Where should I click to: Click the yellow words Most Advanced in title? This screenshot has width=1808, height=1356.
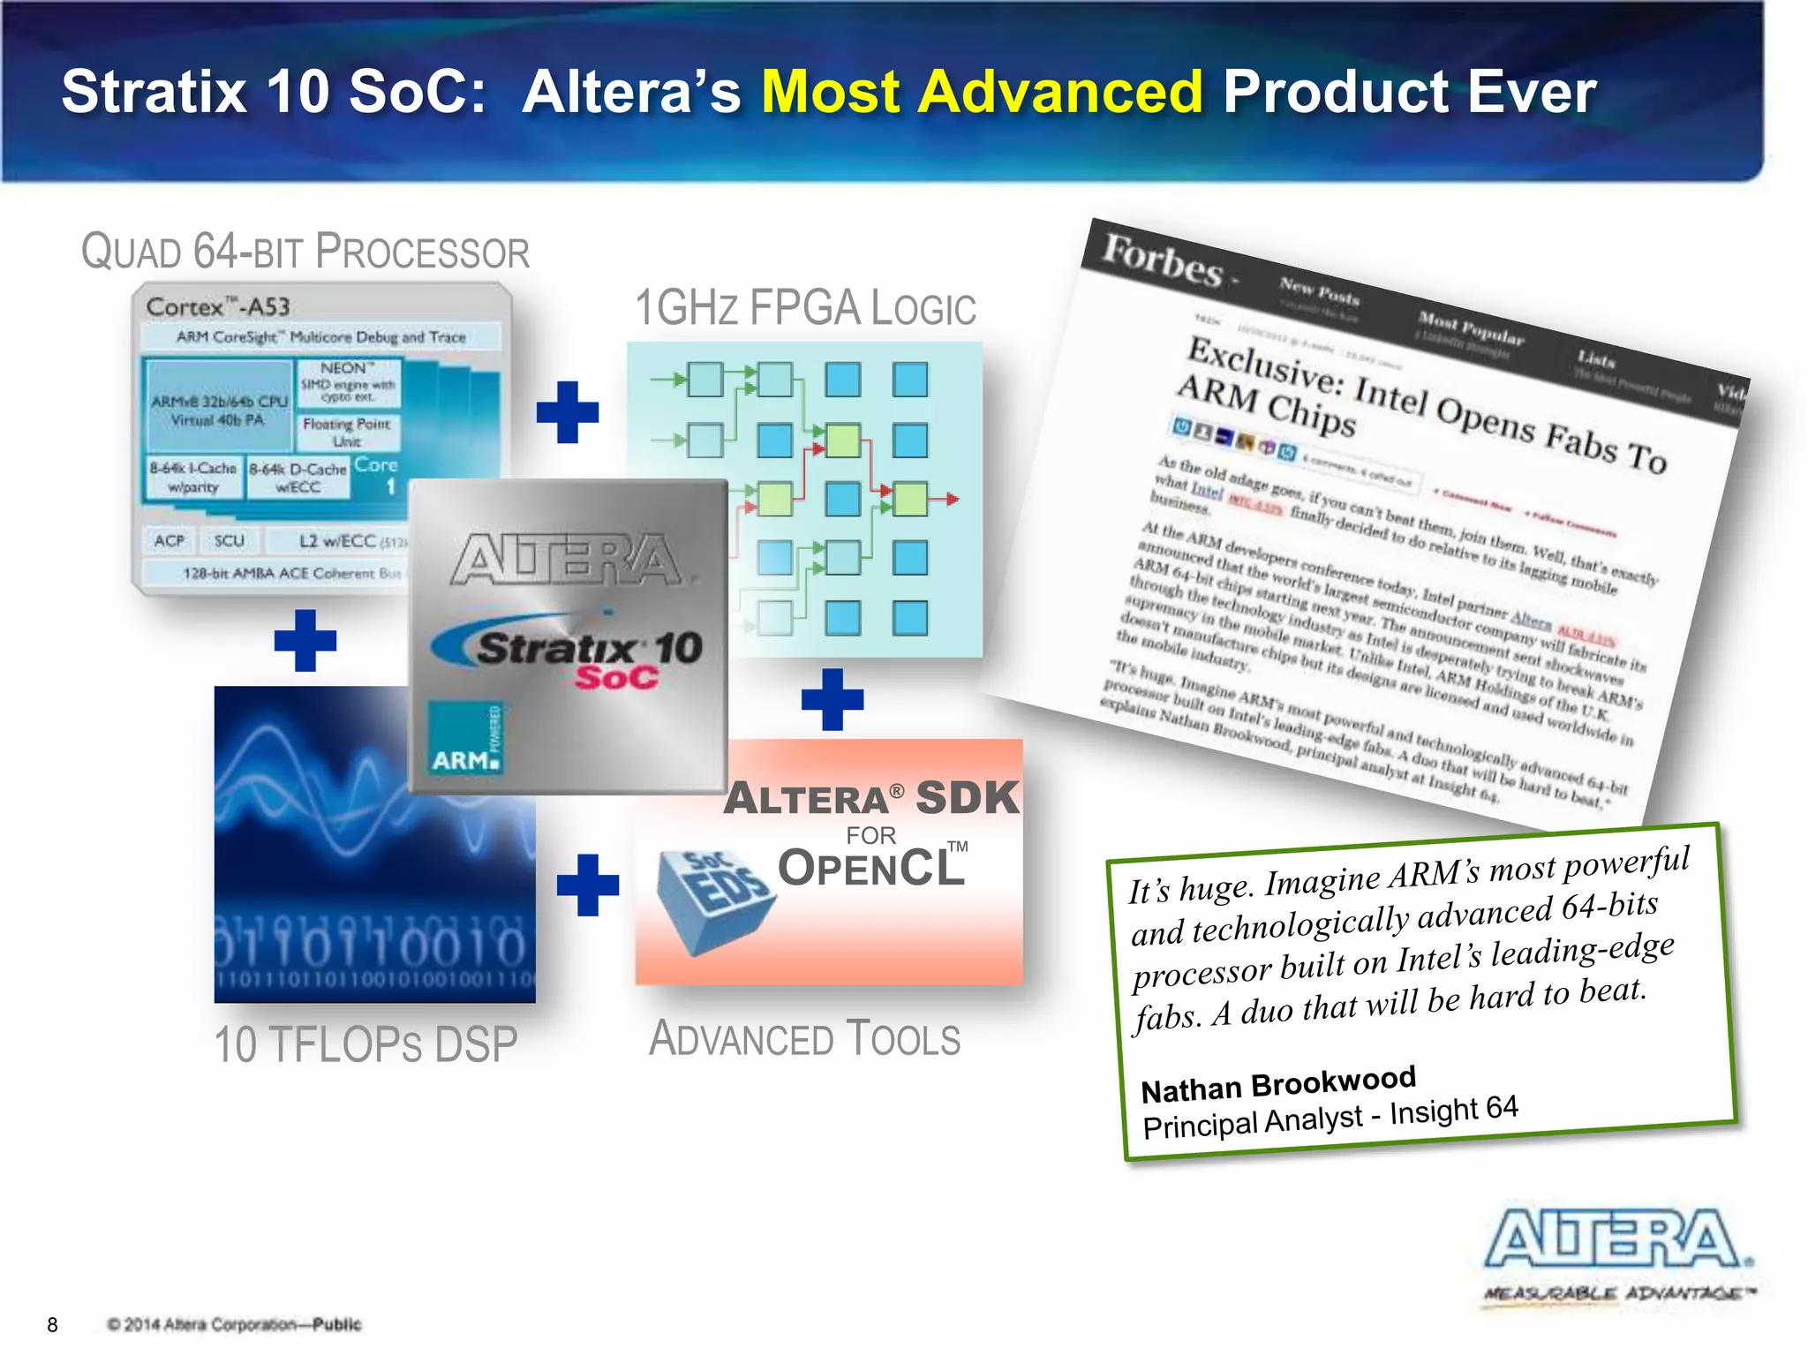981,92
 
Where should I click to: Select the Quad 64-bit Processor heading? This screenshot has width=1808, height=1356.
305,252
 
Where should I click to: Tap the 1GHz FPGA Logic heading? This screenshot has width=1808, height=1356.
805,308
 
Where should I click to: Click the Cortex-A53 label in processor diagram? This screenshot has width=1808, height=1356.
218,307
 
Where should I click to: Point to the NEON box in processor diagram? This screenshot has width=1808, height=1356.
349,381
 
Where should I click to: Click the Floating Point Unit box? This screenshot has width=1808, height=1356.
347,432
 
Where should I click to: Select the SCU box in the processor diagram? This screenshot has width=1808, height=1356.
229,540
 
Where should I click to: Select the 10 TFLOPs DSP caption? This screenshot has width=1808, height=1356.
365,1044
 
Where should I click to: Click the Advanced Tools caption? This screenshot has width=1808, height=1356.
804,1039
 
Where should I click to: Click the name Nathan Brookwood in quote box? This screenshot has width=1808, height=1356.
1277,1083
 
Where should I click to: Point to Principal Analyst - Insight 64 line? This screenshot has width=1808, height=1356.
1330,1117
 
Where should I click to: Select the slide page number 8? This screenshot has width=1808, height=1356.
52,1324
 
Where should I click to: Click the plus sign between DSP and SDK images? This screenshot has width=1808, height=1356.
588,885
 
